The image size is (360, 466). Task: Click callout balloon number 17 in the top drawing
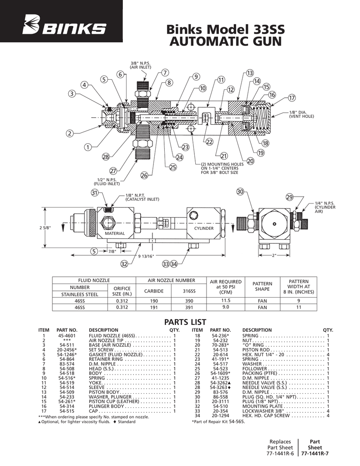pos(292,98)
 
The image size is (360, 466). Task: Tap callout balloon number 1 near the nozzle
pos(86,147)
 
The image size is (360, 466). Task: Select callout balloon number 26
pos(144,175)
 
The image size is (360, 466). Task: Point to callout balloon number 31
pos(95,193)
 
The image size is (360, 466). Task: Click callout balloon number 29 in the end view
pos(289,197)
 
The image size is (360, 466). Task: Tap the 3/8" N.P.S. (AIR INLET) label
pos(141,65)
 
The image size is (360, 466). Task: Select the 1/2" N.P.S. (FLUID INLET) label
pos(107,182)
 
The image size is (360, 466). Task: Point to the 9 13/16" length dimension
pos(146,256)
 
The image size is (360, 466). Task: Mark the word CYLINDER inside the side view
pos(204,228)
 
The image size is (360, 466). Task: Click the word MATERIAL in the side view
pos(115,233)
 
